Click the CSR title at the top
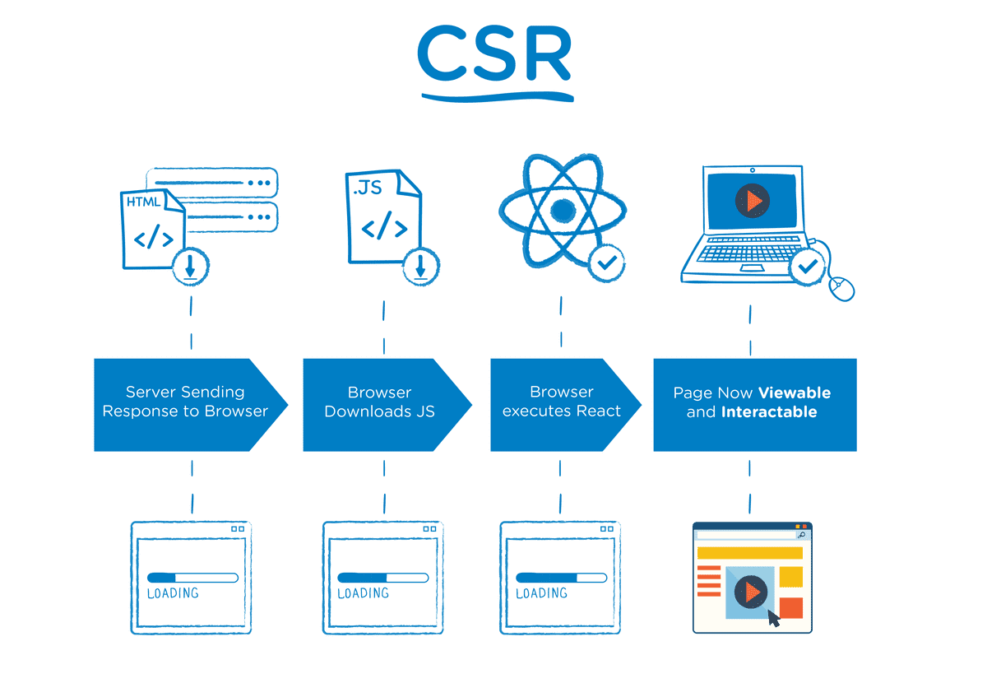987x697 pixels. [494, 56]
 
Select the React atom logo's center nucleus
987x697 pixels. [562, 211]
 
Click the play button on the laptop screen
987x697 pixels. [751, 200]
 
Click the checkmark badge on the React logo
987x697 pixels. [607, 263]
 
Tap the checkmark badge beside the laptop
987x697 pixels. [807, 267]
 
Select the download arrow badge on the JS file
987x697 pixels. [420, 266]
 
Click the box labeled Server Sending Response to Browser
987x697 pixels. [185, 402]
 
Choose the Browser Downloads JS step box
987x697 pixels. [380, 402]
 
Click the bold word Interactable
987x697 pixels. [768, 412]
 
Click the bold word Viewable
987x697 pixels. [795, 393]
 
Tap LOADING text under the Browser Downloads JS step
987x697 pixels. [363, 593]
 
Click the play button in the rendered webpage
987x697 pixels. [750, 590]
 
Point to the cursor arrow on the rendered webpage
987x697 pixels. [773, 619]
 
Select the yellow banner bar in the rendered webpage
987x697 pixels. [749, 553]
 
